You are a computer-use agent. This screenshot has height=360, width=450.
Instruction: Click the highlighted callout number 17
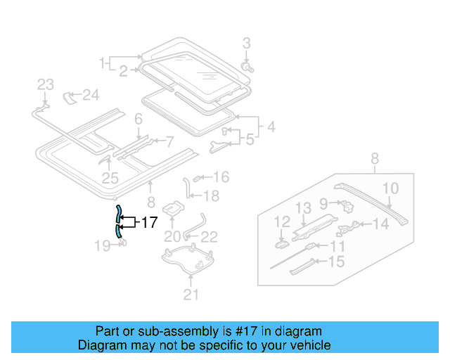[x=148, y=223]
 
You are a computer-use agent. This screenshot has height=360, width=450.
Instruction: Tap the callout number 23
[x=45, y=85]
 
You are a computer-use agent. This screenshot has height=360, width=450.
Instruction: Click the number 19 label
[x=102, y=245]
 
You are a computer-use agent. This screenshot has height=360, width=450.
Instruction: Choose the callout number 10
[x=391, y=188]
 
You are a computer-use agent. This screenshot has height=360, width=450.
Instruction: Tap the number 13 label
[x=302, y=207]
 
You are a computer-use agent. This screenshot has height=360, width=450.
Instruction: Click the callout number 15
[x=337, y=262]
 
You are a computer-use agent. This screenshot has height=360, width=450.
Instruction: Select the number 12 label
[x=282, y=222]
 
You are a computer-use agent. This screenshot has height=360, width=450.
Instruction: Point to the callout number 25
[x=110, y=179]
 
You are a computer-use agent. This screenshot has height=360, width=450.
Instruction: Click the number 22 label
[x=209, y=236]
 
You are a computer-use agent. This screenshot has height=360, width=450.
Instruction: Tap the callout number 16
[x=221, y=176]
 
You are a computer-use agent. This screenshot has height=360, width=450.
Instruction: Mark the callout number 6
[x=139, y=120]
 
